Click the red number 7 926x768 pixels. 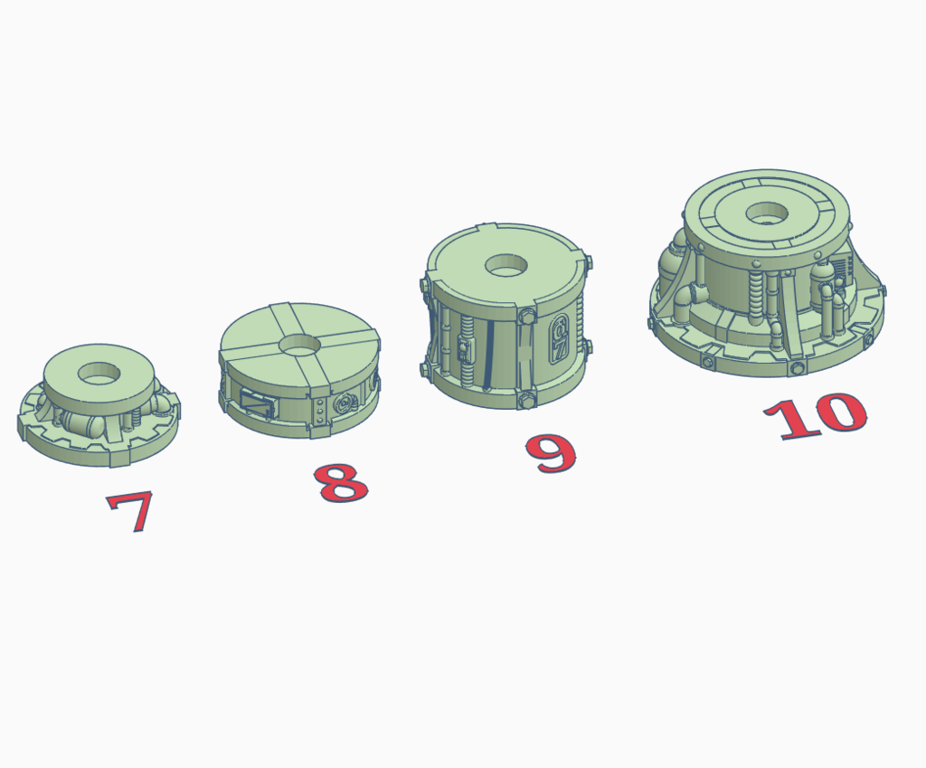(130, 511)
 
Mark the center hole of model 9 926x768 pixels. (508, 265)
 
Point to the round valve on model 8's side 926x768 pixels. (345, 403)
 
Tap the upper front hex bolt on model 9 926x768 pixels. (527, 317)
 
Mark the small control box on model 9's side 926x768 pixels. (465, 351)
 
